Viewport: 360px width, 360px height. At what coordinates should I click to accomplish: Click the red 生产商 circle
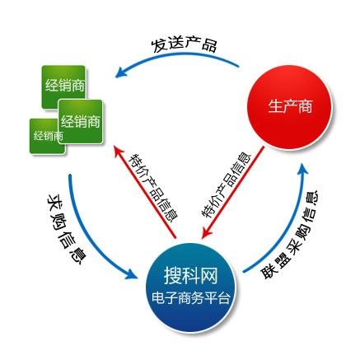click(289, 107)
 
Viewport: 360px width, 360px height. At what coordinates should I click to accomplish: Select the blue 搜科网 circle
click(190, 287)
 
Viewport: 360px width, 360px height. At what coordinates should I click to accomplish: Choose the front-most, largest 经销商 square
click(81, 122)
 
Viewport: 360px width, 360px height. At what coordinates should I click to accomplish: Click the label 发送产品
click(185, 45)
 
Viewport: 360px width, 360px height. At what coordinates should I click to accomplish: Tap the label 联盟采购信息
click(290, 234)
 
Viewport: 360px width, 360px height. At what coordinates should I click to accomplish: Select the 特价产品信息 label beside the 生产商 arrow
click(226, 186)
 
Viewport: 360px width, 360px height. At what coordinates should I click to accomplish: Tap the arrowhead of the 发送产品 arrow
click(121, 72)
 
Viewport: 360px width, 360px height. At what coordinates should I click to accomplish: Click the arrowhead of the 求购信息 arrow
click(131, 274)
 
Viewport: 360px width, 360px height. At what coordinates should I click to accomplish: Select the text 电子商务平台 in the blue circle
click(190, 298)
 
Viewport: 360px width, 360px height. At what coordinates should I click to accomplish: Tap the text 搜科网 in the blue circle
click(190, 275)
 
